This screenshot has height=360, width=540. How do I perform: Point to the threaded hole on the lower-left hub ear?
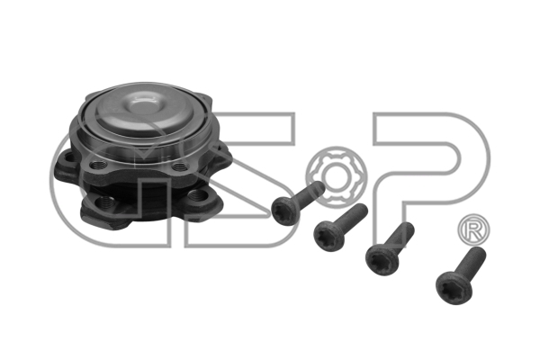(x=105, y=202)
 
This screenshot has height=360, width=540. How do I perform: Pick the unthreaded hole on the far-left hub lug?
(x=69, y=158)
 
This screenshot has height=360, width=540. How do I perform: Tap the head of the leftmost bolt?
(x=285, y=211)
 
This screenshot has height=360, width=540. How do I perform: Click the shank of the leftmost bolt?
(x=311, y=192)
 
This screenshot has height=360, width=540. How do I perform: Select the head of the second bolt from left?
(x=328, y=236)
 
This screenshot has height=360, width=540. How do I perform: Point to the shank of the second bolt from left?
(x=354, y=215)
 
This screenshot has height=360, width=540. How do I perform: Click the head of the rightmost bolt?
(x=454, y=287)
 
